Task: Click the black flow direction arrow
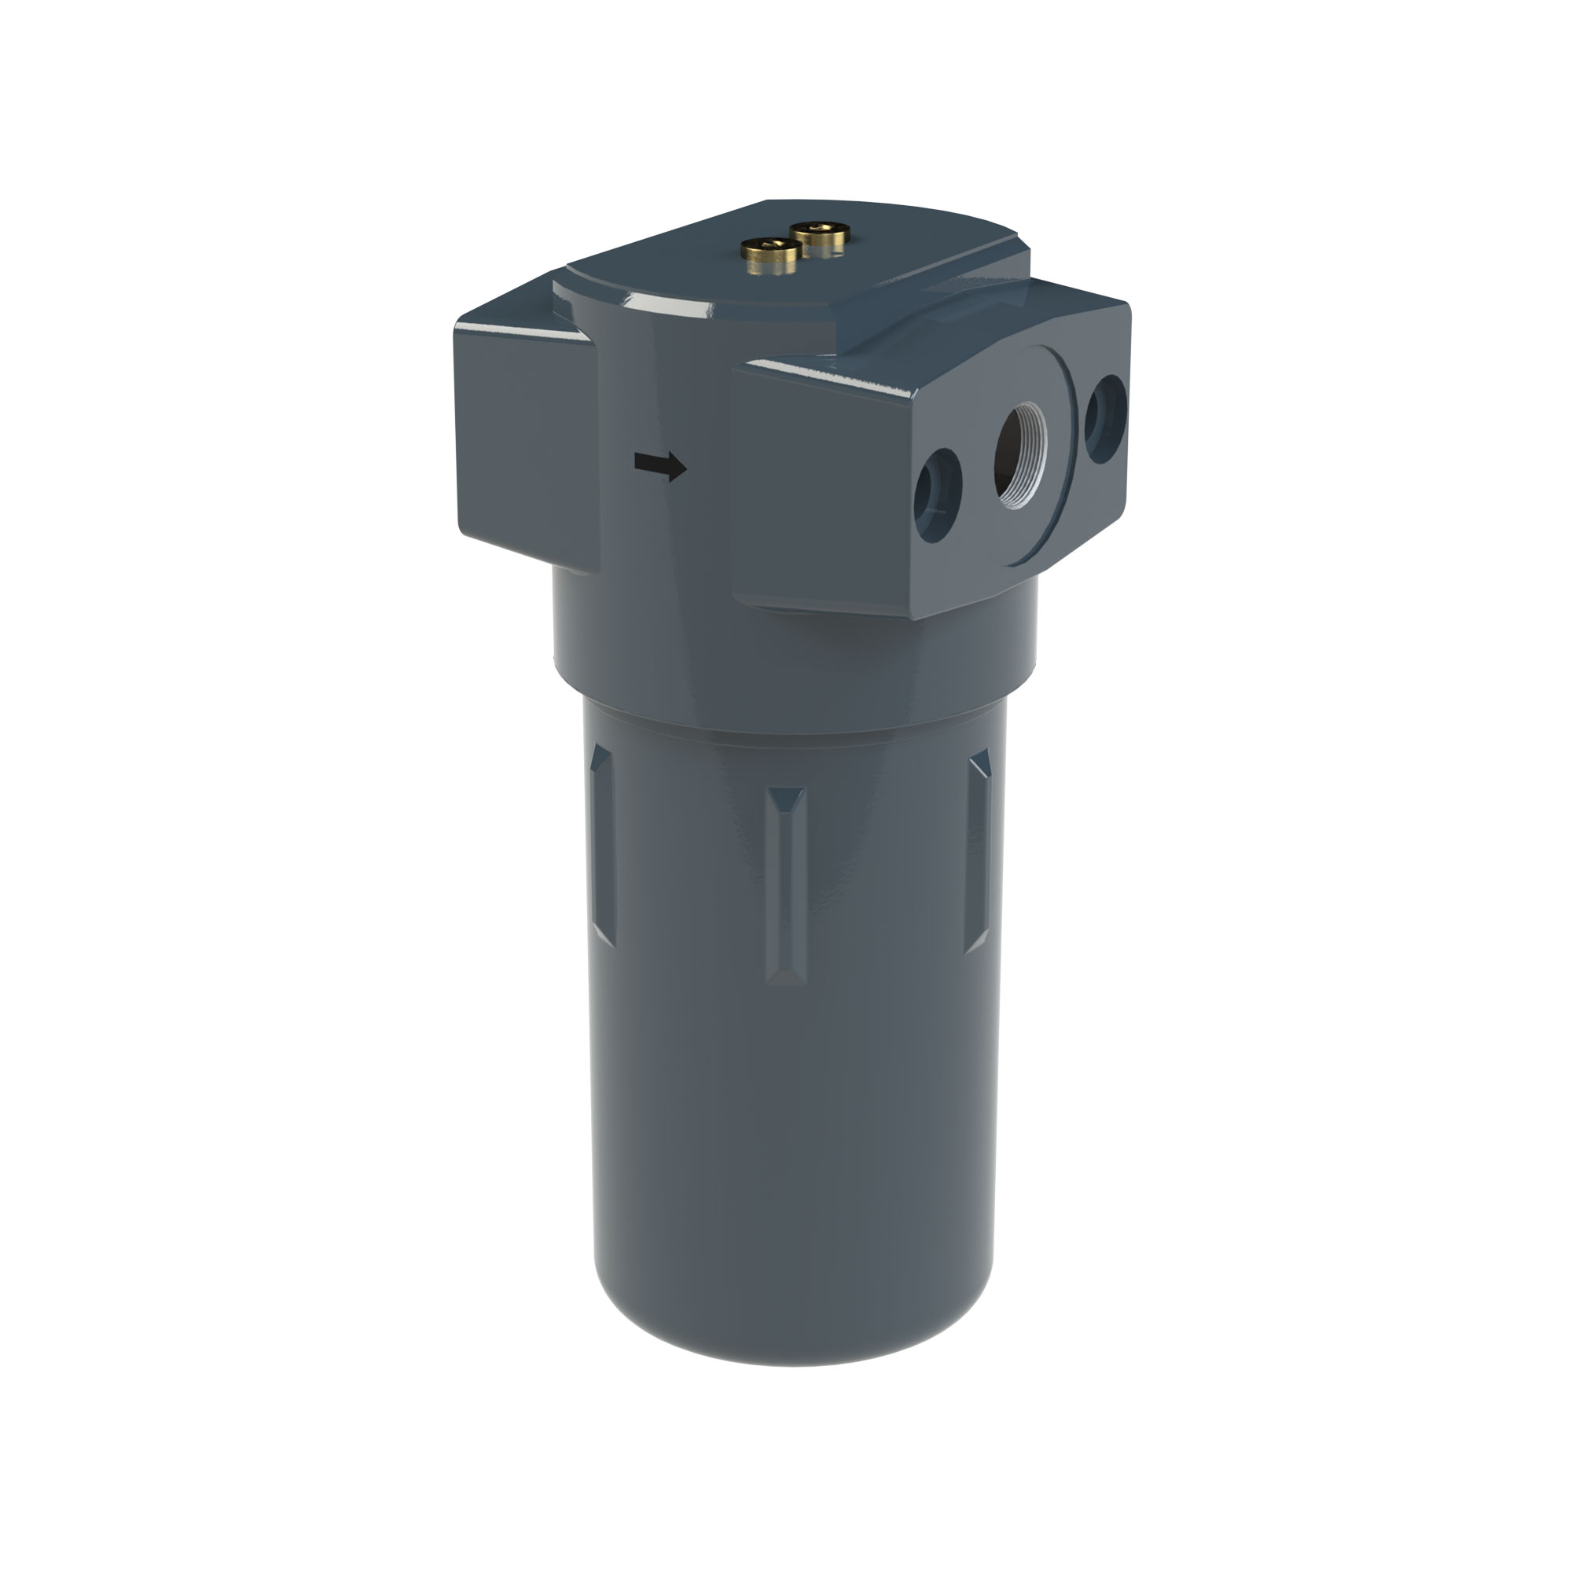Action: coord(660,466)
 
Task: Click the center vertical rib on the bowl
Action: coord(784,887)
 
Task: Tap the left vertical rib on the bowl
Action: coord(602,847)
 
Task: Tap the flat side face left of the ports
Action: coord(822,488)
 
